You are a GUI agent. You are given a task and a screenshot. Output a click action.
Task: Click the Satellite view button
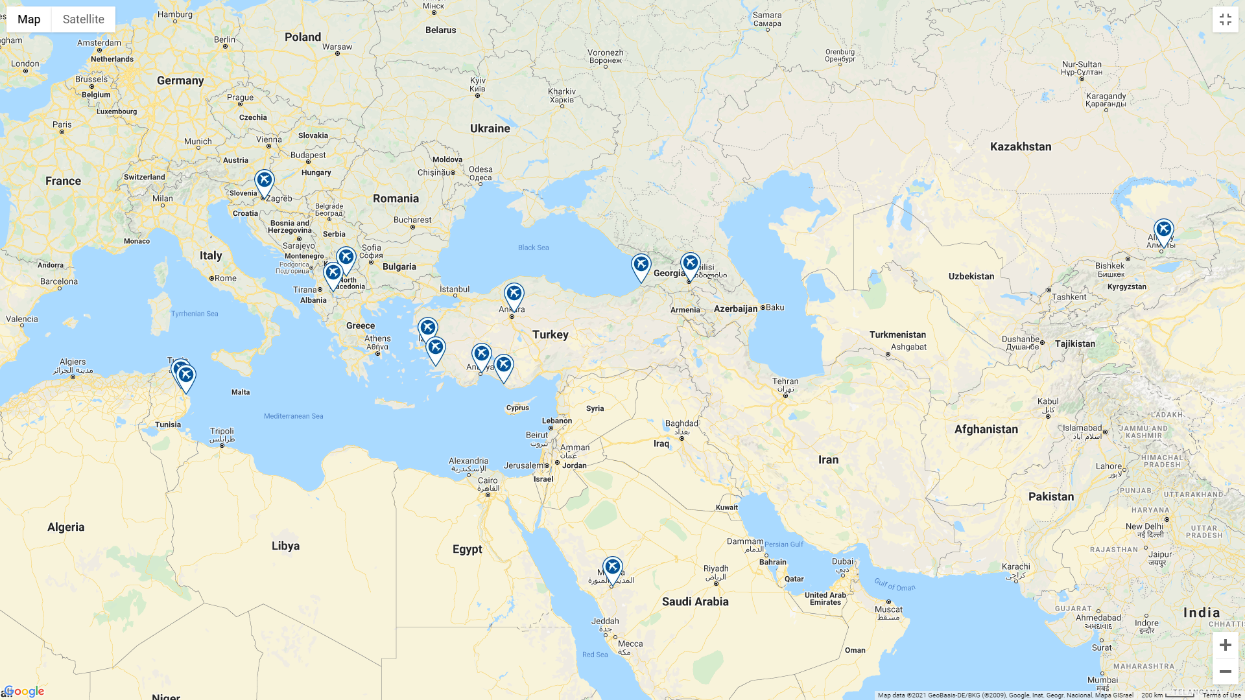tap(83, 19)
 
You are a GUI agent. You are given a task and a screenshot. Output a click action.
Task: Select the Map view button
tap(29, 19)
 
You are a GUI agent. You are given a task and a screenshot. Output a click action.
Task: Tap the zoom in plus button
tap(1225, 645)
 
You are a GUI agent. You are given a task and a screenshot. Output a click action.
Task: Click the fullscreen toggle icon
tap(1225, 19)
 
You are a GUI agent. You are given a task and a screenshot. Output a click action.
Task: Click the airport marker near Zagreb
tap(264, 181)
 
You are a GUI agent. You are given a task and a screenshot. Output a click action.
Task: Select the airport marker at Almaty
tap(1163, 230)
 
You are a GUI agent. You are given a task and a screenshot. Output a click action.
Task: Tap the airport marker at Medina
tap(612, 568)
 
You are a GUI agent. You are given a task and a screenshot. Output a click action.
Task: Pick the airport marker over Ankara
tap(514, 295)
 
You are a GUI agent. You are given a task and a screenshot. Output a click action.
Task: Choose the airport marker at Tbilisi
tap(690, 264)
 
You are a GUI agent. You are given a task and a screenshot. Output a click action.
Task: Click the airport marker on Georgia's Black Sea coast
tap(641, 265)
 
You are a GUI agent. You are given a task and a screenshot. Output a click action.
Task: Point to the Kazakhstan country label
tap(1020, 146)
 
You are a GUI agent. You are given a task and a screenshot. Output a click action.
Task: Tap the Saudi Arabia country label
tap(694, 601)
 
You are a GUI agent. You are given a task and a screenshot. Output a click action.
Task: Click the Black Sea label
tap(533, 248)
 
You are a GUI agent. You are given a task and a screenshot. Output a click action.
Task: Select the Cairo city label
tap(487, 481)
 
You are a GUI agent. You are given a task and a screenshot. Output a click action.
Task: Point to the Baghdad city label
tap(682, 423)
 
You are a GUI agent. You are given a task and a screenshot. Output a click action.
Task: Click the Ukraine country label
tap(490, 128)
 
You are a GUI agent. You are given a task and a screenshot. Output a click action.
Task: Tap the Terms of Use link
tap(1221, 695)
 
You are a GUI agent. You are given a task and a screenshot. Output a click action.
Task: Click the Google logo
tap(25, 692)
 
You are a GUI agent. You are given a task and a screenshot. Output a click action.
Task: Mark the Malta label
tap(240, 392)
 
